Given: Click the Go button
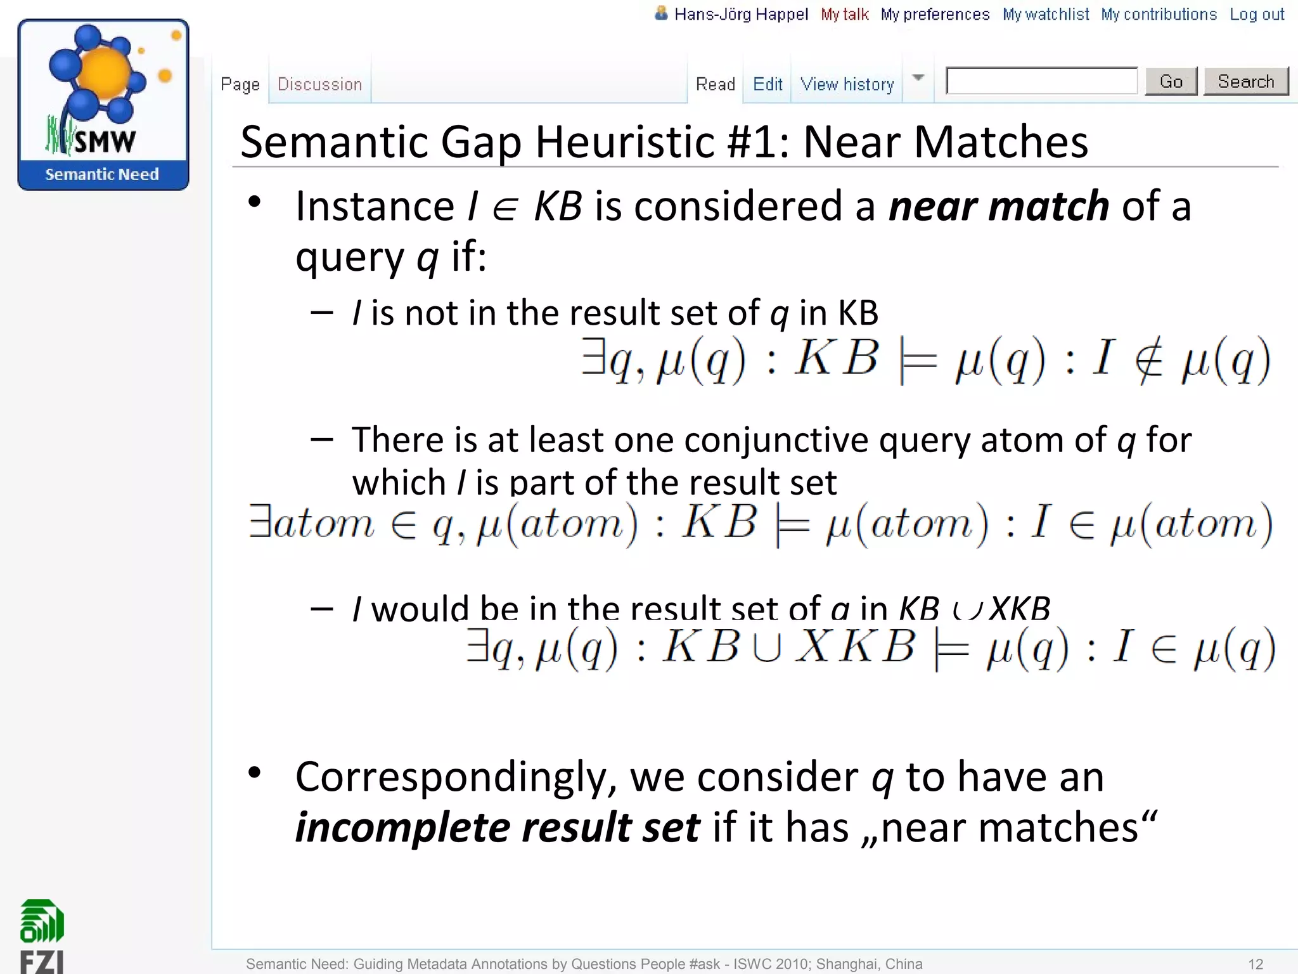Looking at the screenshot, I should [x=1171, y=81].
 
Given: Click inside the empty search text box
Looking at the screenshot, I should [x=1041, y=81].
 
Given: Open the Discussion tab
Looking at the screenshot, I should [x=319, y=84].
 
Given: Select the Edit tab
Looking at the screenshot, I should [x=768, y=84].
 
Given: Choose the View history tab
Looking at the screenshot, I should [x=847, y=84].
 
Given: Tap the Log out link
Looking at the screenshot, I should [x=1257, y=15].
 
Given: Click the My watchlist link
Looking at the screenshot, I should [x=1045, y=15].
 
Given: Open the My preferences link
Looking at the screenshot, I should [x=935, y=15].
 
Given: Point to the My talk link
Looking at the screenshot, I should [x=844, y=15].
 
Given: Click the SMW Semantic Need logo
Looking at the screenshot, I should [x=103, y=105].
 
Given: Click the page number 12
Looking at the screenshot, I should [x=1256, y=964].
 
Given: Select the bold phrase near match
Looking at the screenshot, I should [x=998, y=207].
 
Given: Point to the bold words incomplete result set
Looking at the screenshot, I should [x=498, y=828].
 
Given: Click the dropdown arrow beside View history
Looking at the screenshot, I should [x=918, y=78].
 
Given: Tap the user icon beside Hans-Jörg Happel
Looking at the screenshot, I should [x=661, y=13].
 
